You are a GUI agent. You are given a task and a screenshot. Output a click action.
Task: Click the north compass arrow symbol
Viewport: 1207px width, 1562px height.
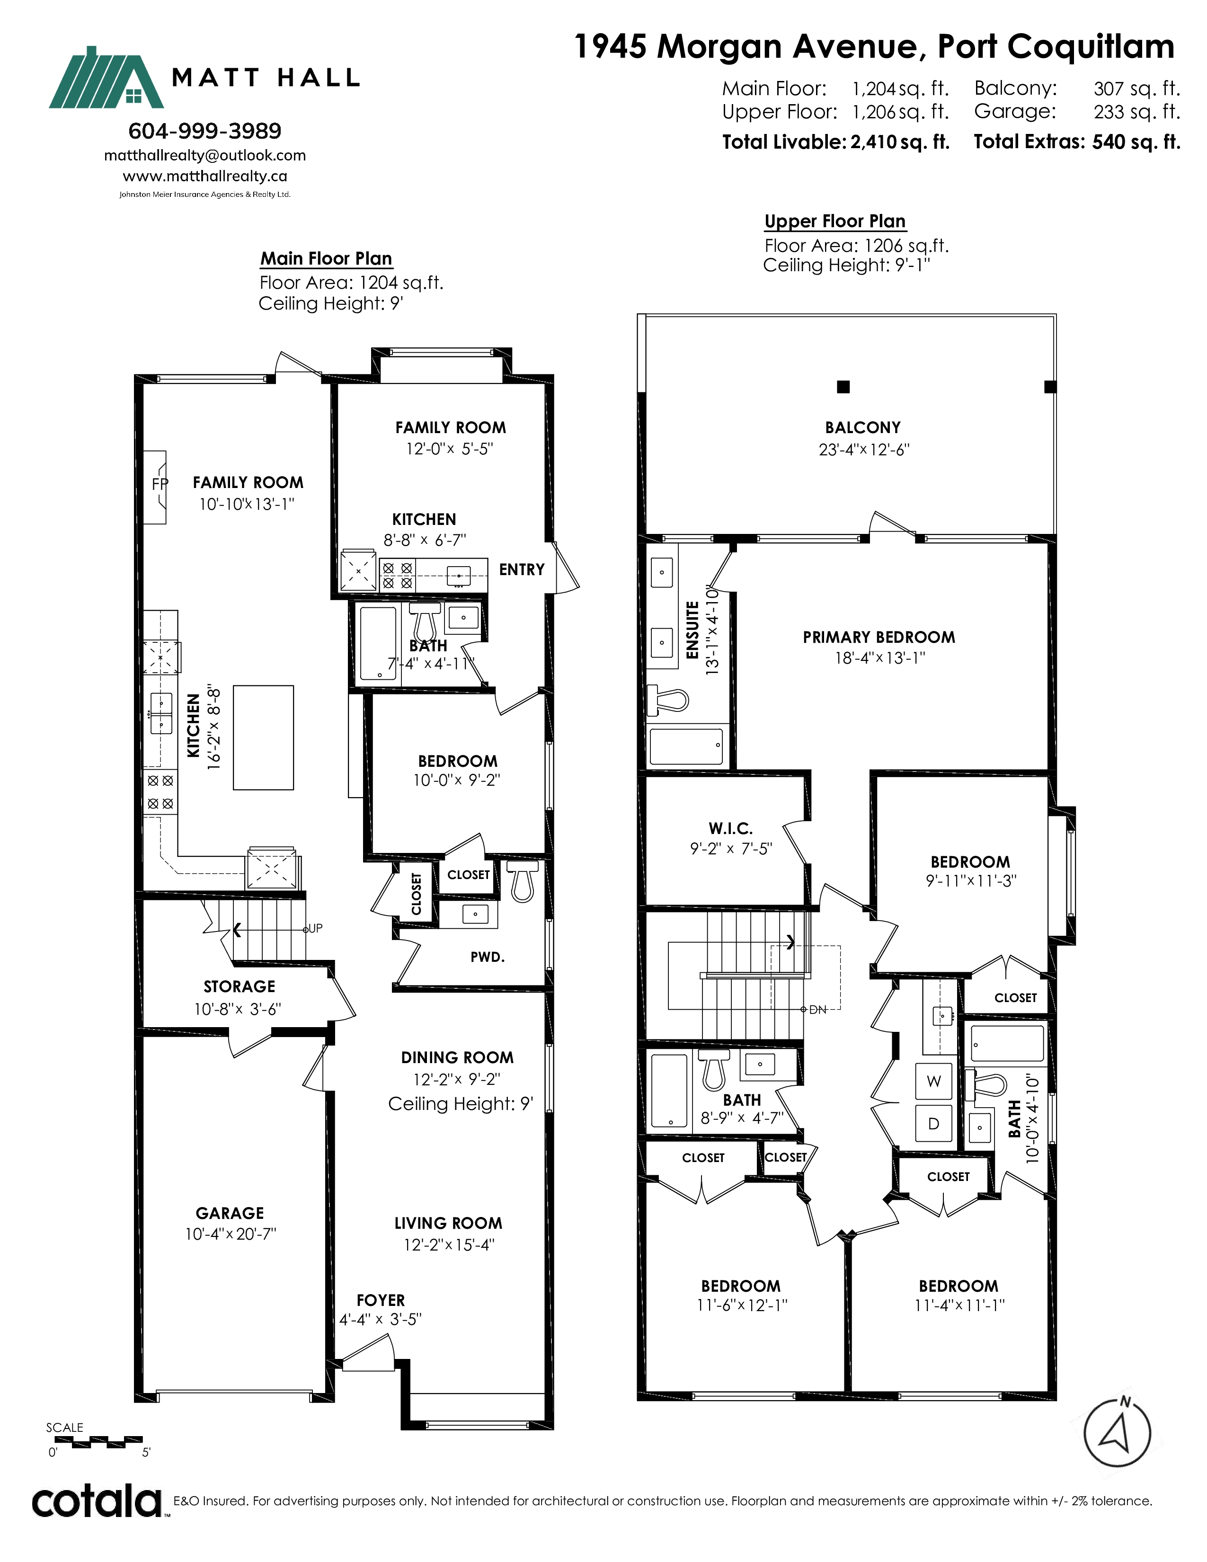coord(1118,1433)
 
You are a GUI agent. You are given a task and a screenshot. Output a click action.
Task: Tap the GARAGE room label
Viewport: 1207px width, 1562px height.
coord(230,1213)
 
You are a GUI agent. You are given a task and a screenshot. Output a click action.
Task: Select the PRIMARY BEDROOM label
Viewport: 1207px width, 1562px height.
coord(879,637)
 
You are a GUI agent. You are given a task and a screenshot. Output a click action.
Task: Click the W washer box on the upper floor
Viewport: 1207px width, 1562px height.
coord(934,1082)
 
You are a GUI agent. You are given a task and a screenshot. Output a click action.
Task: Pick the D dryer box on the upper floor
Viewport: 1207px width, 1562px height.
coord(934,1124)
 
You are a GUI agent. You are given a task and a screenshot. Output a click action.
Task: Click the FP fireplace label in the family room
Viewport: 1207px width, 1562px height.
coord(160,484)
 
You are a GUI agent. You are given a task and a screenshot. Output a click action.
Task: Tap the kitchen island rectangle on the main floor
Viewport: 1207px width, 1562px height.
coord(263,737)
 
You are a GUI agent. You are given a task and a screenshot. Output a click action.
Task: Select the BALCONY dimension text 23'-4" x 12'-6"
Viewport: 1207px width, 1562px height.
coord(864,450)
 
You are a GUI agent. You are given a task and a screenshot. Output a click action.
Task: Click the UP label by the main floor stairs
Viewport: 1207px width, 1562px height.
coord(315,928)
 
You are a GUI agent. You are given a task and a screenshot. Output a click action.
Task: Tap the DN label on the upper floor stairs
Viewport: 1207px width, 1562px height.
coord(817,1010)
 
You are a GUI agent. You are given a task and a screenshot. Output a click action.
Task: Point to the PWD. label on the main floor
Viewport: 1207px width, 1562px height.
coord(488,957)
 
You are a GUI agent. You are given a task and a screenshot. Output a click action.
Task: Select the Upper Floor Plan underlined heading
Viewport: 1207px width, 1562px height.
coord(835,222)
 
